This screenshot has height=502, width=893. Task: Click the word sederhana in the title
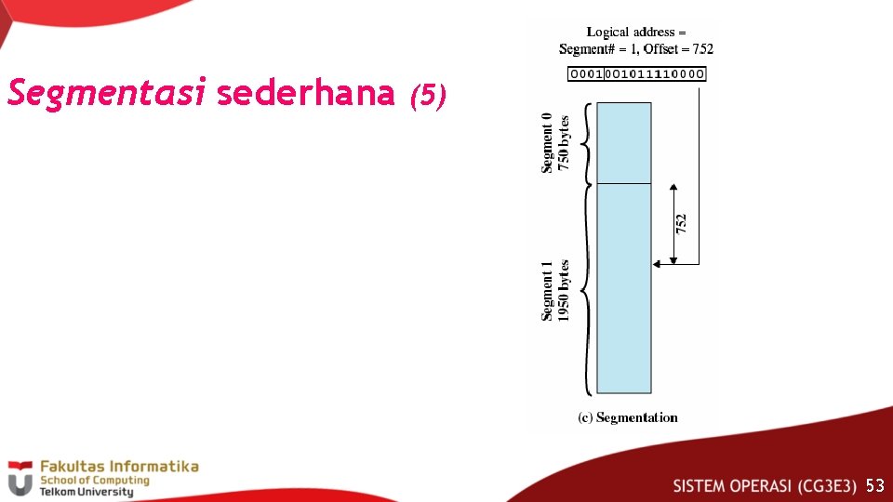point(306,94)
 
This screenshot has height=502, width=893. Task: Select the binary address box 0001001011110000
point(636,74)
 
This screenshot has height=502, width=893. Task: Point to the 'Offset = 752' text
point(678,49)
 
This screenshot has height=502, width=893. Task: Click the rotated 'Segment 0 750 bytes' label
point(555,142)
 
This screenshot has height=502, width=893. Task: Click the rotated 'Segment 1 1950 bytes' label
point(555,291)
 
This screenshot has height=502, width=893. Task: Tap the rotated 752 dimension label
point(681,224)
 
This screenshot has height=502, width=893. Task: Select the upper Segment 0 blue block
point(623,142)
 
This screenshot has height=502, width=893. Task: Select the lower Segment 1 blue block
point(623,288)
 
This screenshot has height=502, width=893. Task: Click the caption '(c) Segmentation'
point(628,417)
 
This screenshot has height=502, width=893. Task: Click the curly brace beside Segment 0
point(584,142)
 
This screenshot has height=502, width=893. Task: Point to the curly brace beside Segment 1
point(584,289)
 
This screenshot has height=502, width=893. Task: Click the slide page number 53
point(874,485)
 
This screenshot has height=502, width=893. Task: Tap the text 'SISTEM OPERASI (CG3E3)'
point(765,485)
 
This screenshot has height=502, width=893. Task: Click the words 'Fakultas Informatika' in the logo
point(119,467)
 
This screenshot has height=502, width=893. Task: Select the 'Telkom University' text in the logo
point(87,492)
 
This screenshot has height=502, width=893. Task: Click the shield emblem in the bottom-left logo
point(20,479)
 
